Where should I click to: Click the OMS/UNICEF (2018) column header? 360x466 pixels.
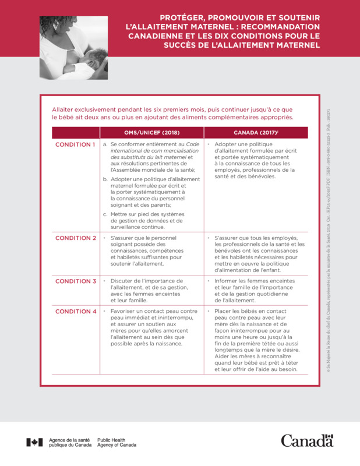pyautogui.click(x=151, y=133)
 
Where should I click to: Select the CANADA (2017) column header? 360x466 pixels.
pyautogui.click(x=255, y=133)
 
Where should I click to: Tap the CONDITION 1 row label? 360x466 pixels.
pyautogui.click(x=75, y=144)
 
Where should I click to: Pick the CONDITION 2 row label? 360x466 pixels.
pyautogui.click(x=75, y=238)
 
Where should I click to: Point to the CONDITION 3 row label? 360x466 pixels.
pyautogui.click(x=75, y=281)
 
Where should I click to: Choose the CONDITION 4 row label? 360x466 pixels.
pyautogui.click(x=75, y=312)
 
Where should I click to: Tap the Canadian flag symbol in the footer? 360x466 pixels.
pyautogui.click(x=34, y=442)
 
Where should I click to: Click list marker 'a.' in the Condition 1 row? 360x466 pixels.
pyautogui.click(x=105, y=144)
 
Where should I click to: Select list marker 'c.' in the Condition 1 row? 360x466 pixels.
pyautogui.click(x=105, y=214)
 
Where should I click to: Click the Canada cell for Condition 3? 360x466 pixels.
pyautogui.click(x=255, y=291)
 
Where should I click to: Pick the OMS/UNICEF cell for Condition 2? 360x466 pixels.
pyautogui.click(x=151, y=250)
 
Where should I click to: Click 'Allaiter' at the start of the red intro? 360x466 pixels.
pyautogui.click(x=64, y=110)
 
